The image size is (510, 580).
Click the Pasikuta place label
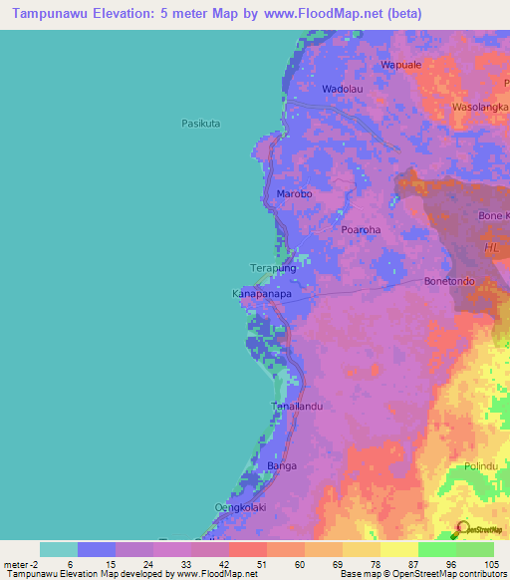coord(200,124)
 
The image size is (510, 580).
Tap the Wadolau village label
coord(340,89)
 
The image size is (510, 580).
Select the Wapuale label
coord(401,65)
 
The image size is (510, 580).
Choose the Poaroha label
coord(361,229)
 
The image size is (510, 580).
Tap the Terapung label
coord(272,269)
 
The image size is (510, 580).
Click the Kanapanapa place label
coord(261,295)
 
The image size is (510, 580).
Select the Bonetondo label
coord(451,281)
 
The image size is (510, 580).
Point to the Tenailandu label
coord(298,406)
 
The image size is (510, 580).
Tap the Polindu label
coord(480,466)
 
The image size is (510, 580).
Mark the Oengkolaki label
coord(238,507)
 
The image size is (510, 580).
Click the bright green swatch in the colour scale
coord(437,549)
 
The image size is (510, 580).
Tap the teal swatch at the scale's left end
coord(59,549)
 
